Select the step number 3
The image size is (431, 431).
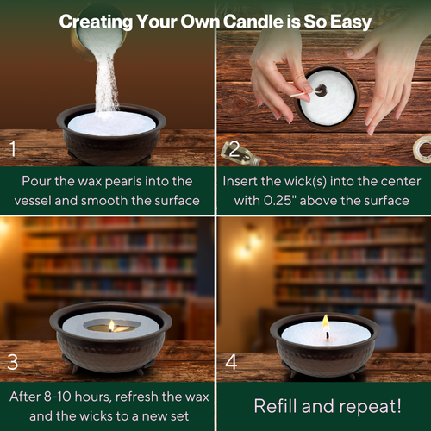coord(13,361)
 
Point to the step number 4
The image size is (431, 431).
coord(231,361)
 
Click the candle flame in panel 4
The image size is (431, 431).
coord(326,323)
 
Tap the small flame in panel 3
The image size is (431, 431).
coord(111,325)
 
